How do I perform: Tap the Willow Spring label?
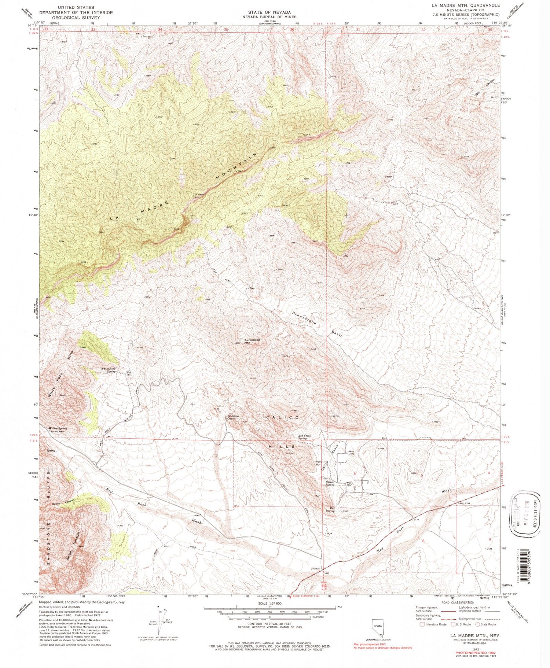coord(58,428)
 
